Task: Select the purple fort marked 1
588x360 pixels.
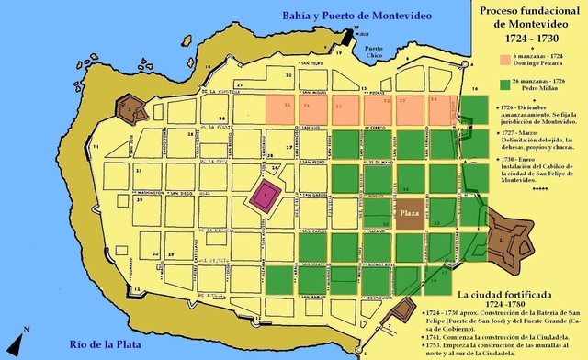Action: click(x=266, y=194)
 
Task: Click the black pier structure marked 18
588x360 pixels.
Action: click(x=350, y=35)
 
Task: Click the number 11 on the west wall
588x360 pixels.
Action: click(x=94, y=146)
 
